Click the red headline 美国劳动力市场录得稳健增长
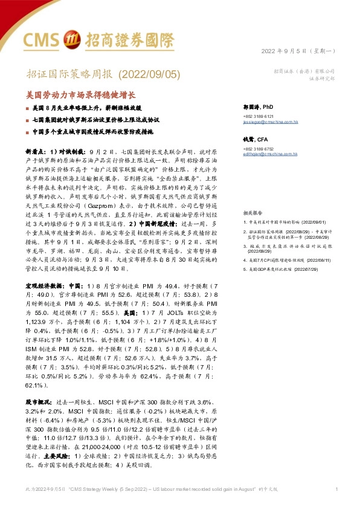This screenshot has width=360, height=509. coord(82,95)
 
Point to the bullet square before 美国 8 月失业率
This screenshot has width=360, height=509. coord(27,107)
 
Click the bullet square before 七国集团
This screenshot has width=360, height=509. coord(27,119)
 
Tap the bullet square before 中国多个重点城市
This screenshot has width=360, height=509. coord(27,131)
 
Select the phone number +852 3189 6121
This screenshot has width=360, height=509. coord(259,115)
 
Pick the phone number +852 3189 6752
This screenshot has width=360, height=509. coord(259,149)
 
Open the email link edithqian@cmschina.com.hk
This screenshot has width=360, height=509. coord(269,154)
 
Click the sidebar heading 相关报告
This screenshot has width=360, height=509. coord(252,213)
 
